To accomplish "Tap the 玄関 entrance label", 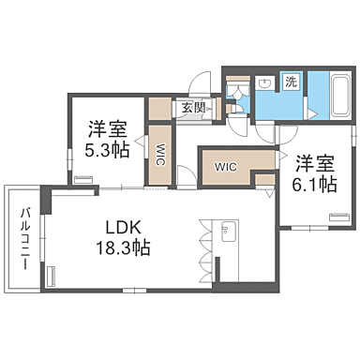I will (x=193, y=108).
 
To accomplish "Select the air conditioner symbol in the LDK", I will (x=51, y=277).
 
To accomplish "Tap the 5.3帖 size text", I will (x=108, y=152).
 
